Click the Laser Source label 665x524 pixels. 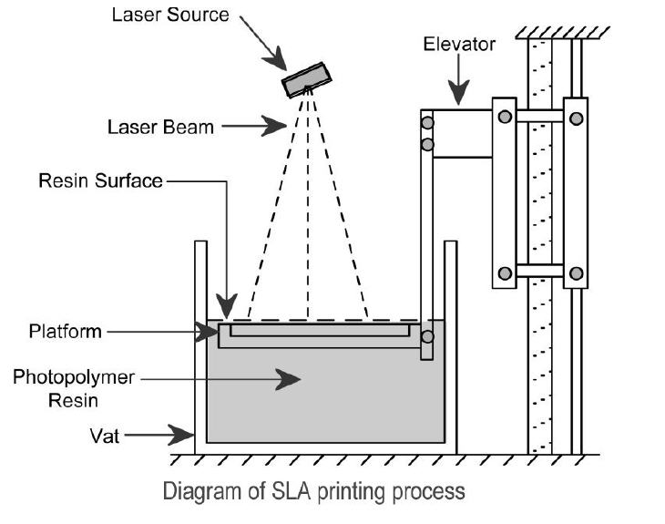tap(170, 15)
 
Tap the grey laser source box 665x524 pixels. tap(307, 80)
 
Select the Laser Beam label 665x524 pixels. tap(160, 127)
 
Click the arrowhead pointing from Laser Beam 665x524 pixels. tap(274, 126)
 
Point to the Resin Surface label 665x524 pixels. tap(100, 180)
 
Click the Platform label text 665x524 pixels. tap(66, 331)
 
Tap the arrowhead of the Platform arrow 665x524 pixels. tap(207, 332)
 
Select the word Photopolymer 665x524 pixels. tap(74, 376)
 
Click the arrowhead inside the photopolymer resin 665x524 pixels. tap(288, 379)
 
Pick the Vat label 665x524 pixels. tap(105, 436)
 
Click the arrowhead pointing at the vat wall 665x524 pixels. tap(181, 435)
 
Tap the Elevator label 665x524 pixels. tap(459, 44)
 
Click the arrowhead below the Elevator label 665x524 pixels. tap(458, 92)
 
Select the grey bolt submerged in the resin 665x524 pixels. tap(427, 336)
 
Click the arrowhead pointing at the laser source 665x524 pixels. tap(276, 59)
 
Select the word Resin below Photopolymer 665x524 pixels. tap(73, 400)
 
